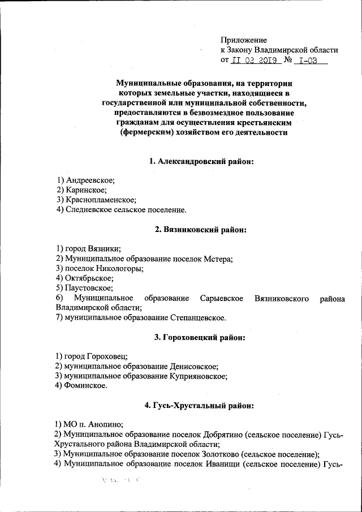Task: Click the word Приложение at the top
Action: coord(243,40)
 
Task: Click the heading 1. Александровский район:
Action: coord(201,162)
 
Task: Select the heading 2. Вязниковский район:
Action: coord(201,230)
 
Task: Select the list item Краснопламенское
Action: coord(101,200)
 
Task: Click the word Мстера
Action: coord(218,259)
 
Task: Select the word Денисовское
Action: coord(189,366)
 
